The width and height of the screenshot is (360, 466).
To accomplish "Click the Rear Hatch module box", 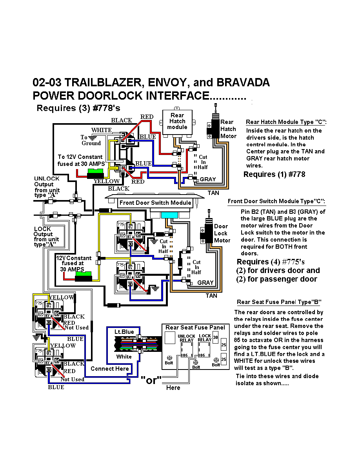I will (x=177, y=122).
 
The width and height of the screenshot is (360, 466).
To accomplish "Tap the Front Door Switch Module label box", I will (x=156, y=203).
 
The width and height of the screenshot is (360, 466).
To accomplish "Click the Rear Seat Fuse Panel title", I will (x=195, y=328).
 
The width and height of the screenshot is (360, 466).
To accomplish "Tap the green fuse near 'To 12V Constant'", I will (x=95, y=172).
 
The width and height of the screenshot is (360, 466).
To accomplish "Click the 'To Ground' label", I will (x=91, y=140).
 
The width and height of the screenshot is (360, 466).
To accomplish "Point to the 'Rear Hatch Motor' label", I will (x=228, y=129).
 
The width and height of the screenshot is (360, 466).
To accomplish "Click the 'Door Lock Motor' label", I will (x=222, y=233).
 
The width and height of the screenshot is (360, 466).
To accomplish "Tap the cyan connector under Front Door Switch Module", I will (x=169, y=215).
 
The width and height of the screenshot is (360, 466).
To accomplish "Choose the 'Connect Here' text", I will (x=109, y=369).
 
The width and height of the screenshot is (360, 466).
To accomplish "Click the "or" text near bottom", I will (x=151, y=380).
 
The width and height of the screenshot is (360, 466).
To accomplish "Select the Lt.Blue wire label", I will (x=124, y=332).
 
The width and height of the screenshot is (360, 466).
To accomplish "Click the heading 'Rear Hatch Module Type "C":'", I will (x=286, y=122).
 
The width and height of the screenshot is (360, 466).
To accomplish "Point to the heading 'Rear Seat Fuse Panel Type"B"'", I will (x=278, y=302).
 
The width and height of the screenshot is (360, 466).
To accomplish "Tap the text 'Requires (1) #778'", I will (x=274, y=175).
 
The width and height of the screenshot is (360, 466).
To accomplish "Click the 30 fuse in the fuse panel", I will (x=215, y=337).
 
